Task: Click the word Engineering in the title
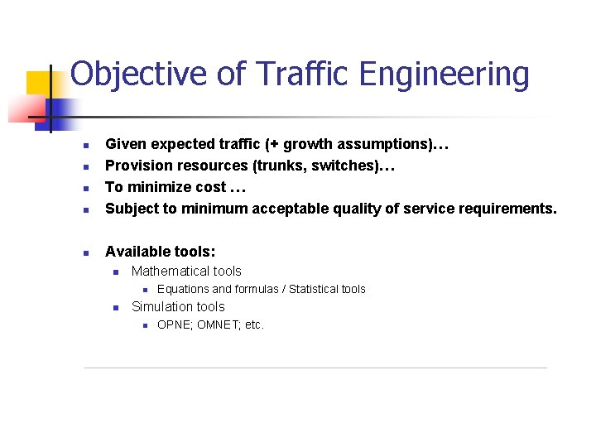(x=444, y=74)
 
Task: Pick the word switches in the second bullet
(x=336, y=166)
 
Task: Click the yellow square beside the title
(x=38, y=84)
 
